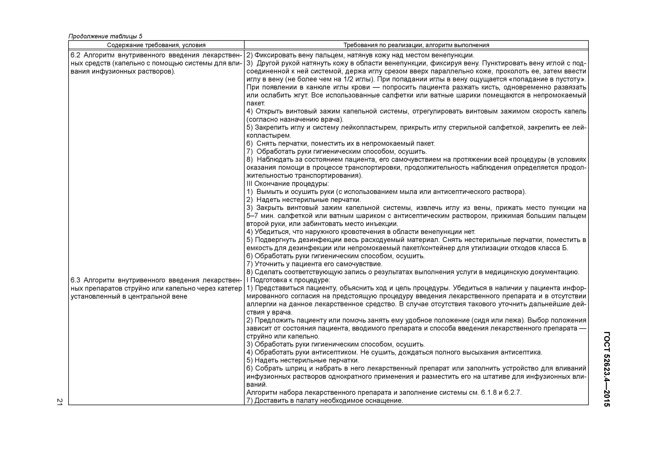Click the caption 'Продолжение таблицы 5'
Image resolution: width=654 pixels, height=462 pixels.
tap(105, 36)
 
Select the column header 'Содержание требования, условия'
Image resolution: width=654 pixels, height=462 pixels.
tap(156, 45)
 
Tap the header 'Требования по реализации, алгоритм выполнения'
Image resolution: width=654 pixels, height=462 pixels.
tap(416, 45)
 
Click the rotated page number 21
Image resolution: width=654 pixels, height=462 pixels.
tap(59, 402)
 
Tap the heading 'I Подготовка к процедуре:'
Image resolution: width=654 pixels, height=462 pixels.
tap(288, 280)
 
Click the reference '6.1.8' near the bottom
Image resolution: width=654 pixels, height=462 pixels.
tap(489, 393)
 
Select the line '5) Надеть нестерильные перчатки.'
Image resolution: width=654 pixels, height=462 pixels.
tap(303, 360)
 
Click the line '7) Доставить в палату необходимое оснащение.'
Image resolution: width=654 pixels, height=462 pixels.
tap(324, 401)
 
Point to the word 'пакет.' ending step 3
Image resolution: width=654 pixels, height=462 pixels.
tap(255, 103)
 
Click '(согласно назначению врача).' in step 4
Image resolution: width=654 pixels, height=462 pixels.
tap(295, 119)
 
